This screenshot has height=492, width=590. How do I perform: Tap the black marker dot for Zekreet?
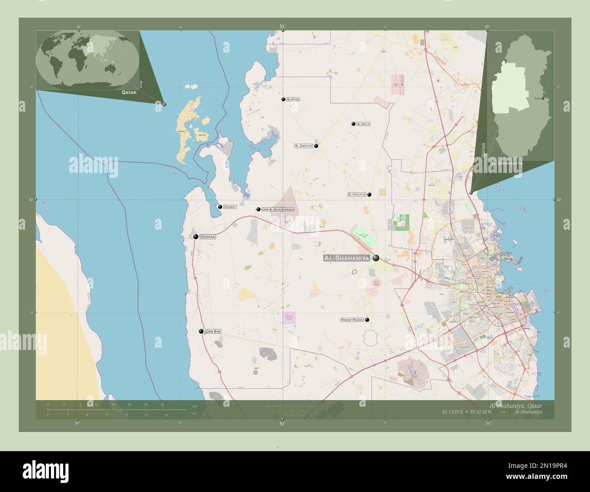tap(220, 207)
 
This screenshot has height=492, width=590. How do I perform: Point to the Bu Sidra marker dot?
tap(283, 99)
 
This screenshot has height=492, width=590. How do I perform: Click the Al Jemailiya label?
tap(304, 146)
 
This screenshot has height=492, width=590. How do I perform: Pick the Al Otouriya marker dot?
tap(369, 195)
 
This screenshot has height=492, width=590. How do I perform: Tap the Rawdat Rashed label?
tap(352, 320)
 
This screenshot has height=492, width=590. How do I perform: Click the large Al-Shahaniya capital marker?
tap(376, 258)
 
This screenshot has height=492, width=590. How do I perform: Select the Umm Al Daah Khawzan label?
tap(278, 209)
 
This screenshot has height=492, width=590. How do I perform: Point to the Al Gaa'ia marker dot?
tap(353, 123)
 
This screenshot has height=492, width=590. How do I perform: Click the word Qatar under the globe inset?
tap(129, 92)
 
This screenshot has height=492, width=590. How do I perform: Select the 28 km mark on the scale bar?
tap(162, 404)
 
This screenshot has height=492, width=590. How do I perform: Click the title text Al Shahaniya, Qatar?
tap(515, 405)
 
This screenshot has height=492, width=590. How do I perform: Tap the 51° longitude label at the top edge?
tap(282, 27)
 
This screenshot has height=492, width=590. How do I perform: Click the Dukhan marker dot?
tap(196, 237)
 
